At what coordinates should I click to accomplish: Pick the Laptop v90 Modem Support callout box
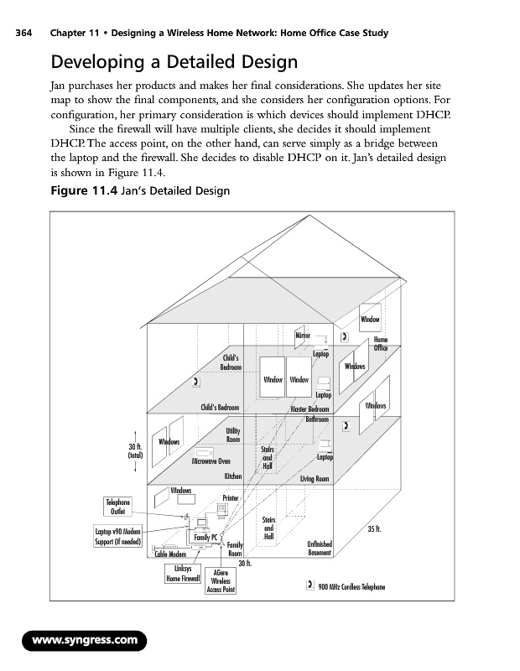pos(117,535)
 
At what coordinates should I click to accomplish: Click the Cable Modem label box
pos(170,554)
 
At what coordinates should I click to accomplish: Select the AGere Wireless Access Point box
pos(221,580)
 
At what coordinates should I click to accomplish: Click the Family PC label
pos(206,537)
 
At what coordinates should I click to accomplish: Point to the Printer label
pos(231,498)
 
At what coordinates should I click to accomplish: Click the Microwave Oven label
pos(211,460)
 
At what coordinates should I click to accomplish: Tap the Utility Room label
pos(233,435)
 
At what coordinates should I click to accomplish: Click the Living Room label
pos(315,478)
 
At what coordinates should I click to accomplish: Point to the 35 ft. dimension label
pos(375,529)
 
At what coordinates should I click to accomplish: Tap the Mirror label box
pos(303,335)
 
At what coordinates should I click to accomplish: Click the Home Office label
pos(380,344)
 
